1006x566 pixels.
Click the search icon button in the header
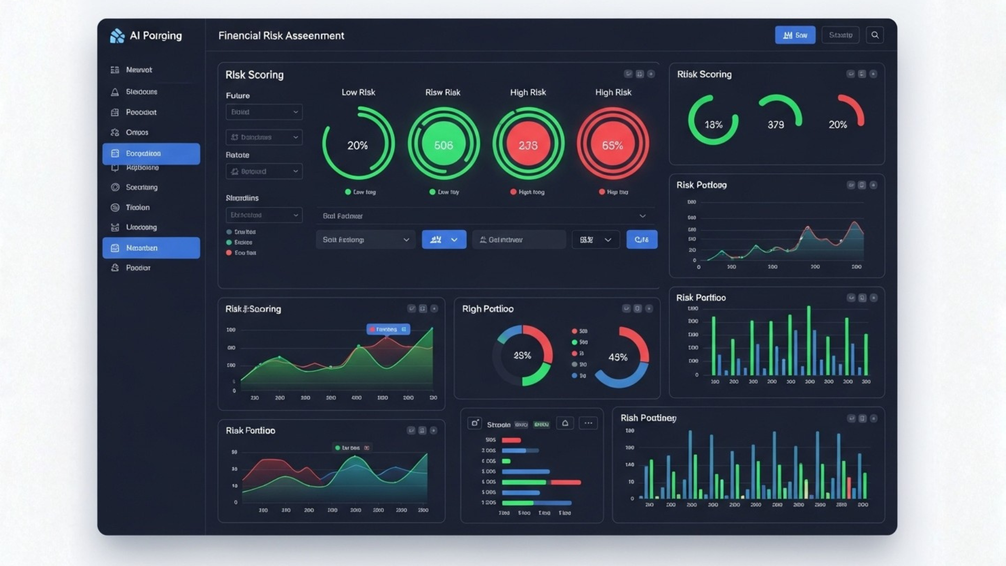[874, 35]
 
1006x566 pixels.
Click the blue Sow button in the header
[795, 35]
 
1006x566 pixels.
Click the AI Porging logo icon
[117, 36]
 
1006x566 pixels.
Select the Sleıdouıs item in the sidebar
[141, 92]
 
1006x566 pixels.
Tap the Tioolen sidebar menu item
[137, 208]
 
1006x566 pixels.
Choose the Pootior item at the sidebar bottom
[138, 268]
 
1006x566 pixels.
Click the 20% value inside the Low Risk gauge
[357, 145]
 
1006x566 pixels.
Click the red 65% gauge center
[612, 145]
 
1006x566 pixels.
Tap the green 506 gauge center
[443, 145]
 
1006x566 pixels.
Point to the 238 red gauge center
[528, 145]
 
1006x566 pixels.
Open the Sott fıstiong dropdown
[365, 240]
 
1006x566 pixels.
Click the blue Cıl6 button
[641, 240]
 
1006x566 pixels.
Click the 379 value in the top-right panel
[775, 125]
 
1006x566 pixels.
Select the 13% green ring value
[713, 125]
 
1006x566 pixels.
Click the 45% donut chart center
[618, 357]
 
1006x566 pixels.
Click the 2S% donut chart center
[522, 356]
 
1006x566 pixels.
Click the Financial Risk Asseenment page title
[281, 36]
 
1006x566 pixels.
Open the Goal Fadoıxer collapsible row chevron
[642, 216]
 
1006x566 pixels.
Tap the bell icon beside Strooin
[565, 423]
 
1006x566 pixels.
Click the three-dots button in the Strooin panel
[588, 423]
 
